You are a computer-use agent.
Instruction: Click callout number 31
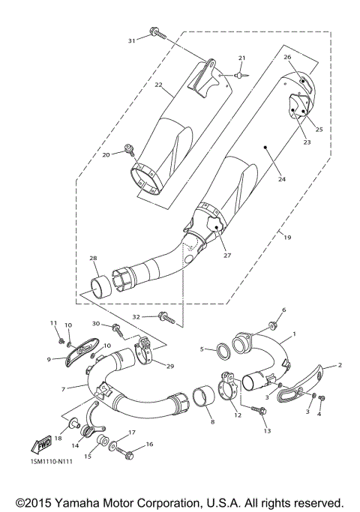click(131, 40)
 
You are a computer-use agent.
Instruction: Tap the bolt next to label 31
click(155, 32)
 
